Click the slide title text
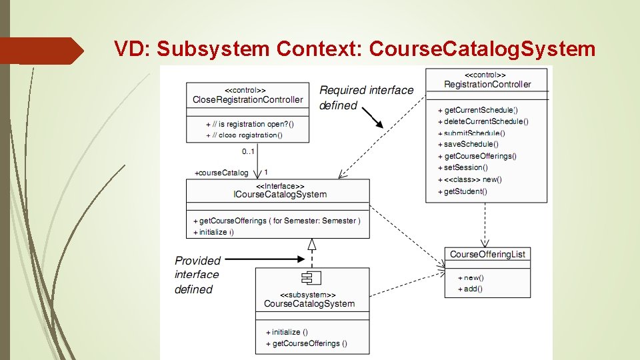354,49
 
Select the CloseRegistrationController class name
247,100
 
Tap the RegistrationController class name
487,85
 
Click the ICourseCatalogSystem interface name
280,195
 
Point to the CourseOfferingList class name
487,254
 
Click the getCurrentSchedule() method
479,110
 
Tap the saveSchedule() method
471,144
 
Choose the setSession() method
466,167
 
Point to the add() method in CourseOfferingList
473,289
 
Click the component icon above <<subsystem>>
307,279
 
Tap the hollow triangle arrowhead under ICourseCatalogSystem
311,244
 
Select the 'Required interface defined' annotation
366,97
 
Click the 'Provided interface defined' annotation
197,275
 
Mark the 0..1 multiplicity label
247,151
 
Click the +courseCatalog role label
221,173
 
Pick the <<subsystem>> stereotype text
307,294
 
